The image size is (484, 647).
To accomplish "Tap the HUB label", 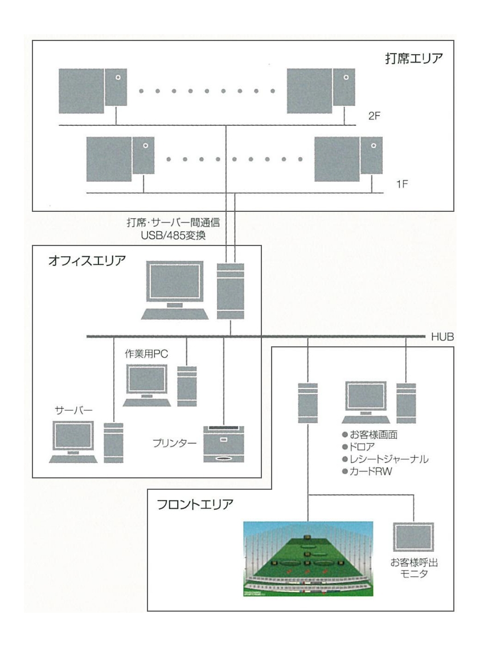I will pyautogui.click(x=442, y=337).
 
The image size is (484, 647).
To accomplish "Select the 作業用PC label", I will pyautogui.click(x=146, y=354).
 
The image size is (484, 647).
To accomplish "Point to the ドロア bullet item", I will pyautogui.click(x=366, y=447).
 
